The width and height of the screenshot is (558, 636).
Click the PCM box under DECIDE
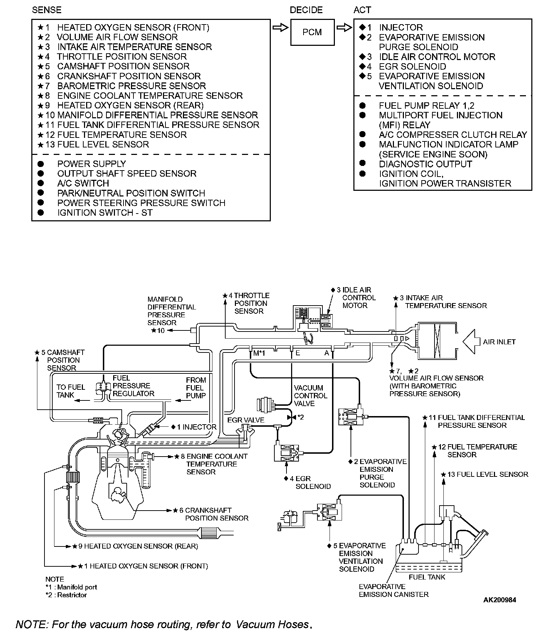pyautogui.click(x=312, y=32)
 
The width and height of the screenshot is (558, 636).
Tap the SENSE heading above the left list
pyautogui.click(x=47, y=10)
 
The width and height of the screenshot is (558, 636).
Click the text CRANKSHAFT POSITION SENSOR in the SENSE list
pyautogui.click(x=129, y=76)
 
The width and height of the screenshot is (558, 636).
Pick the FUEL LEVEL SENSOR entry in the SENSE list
pyautogui.click(x=103, y=145)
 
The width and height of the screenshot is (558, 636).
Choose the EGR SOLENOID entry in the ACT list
pyautogui.click(x=412, y=66)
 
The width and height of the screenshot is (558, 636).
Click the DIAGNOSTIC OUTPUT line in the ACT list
pyautogui.click(x=425, y=164)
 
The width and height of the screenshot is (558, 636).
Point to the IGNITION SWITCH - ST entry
pyautogui.click(x=105, y=213)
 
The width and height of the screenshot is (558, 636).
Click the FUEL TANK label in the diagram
pyautogui.click(x=427, y=577)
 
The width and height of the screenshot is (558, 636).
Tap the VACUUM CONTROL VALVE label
pyautogui.click(x=310, y=395)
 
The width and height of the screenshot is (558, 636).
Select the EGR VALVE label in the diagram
pyautogui.click(x=246, y=420)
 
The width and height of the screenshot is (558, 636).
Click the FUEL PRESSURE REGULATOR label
pyautogui.click(x=133, y=386)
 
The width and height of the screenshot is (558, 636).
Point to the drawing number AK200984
pyautogui.click(x=499, y=600)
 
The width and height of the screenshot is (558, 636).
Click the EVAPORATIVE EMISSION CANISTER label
pyautogui.click(x=393, y=591)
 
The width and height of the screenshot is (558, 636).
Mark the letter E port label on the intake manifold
pyautogui.click(x=298, y=353)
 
